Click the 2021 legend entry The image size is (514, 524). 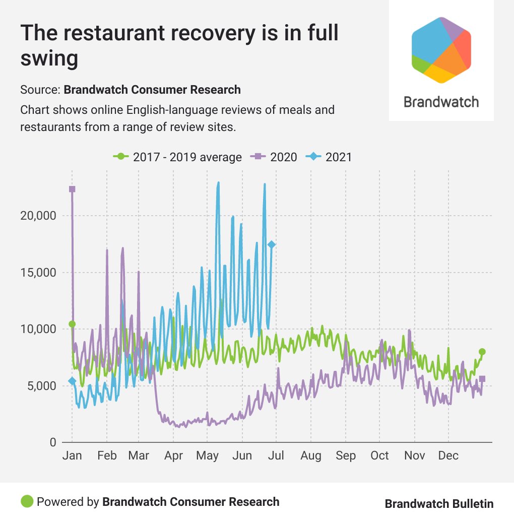click(331, 157)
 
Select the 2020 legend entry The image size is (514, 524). click(274, 157)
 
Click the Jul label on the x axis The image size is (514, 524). click(276, 455)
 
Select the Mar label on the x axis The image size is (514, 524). click(139, 455)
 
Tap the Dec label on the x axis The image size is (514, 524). click(448, 455)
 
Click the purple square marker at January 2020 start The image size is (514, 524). click(72, 189)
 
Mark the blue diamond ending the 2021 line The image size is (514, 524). click(272, 244)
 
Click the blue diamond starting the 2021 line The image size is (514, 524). click(72, 381)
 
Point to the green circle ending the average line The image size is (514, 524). click(482, 352)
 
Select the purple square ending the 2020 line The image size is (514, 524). click(482, 378)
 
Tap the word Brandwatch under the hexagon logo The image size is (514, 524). click(441, 102)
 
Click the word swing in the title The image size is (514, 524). click(49, 58)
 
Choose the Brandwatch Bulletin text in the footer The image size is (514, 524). click(439, 504)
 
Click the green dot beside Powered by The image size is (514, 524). click(27, 501)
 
